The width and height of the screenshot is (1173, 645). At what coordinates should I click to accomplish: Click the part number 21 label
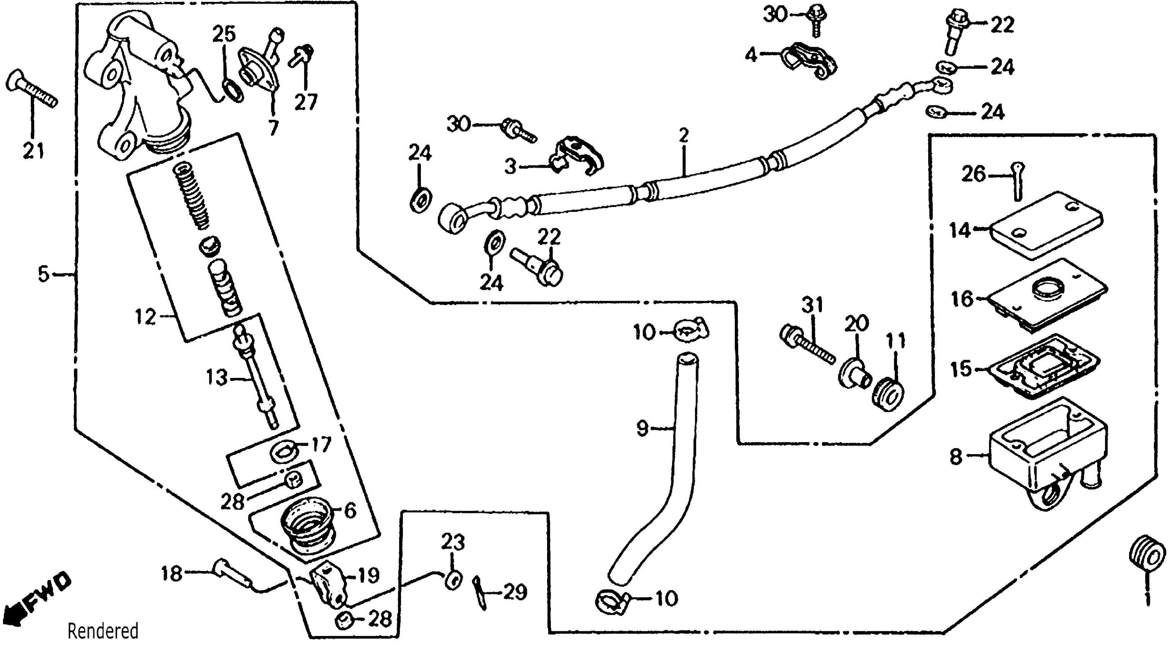pyautogui.click(x=33, y=150)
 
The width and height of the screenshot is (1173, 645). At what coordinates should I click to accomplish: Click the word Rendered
pyautogui.click(x=103, y=631)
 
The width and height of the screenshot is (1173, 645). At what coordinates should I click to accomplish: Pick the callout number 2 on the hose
pyautogui.click(x=683, y=135)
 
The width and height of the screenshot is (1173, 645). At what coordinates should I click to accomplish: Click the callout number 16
pyautogui.click(x=962, y=299)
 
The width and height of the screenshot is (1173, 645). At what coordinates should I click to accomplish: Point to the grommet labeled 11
pyautogui.click(x=888, y=395)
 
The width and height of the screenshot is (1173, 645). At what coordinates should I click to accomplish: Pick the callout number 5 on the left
pyautogui.click(x=43, y=275)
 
